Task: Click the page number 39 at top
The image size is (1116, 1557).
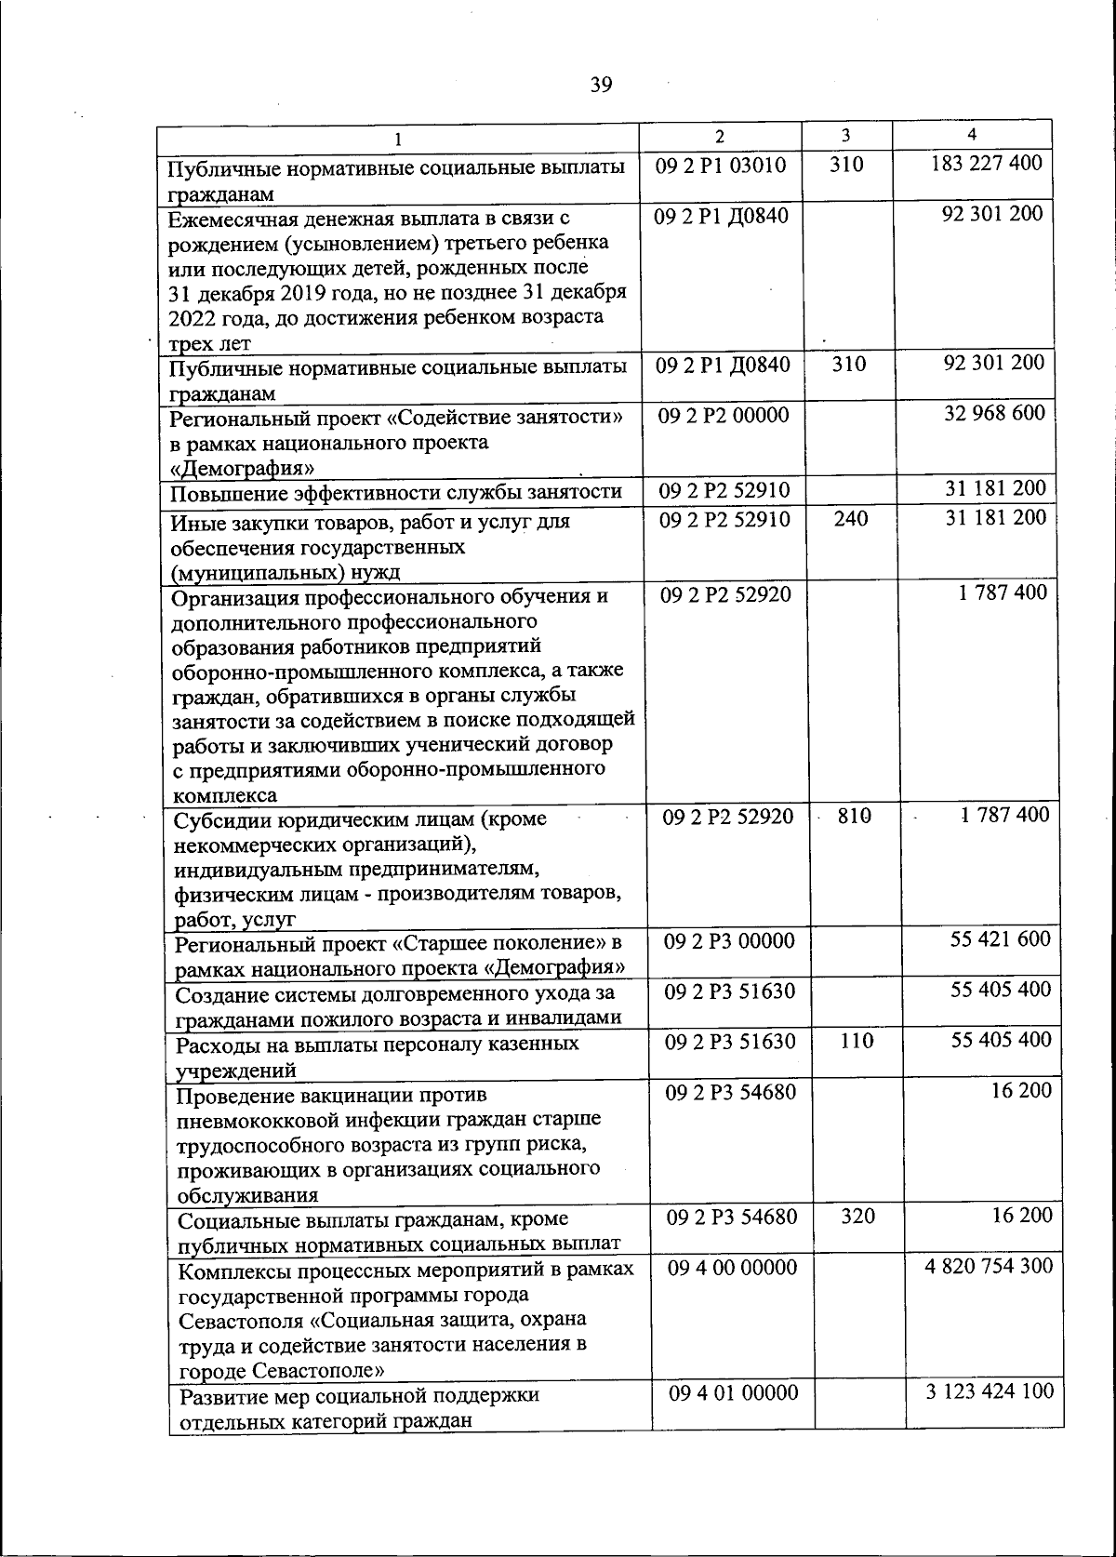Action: click(601, 86)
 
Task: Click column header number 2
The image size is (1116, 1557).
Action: click(719, 135)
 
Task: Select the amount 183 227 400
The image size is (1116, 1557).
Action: click(987, 163)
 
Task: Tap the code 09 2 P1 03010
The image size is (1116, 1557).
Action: click(721, 166)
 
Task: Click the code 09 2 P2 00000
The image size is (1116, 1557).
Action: click(724, 415)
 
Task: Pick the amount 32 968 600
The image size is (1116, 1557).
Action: click(994, 412)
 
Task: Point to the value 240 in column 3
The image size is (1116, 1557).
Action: click(850, 518)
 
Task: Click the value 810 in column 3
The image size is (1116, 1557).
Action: click(854, 816)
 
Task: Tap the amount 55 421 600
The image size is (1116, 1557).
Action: click(1000, 938)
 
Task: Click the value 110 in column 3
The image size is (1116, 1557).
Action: click(856, 1041)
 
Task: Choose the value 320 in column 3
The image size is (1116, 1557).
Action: click(857, 1216)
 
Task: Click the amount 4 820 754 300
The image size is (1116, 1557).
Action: click(989, 1266)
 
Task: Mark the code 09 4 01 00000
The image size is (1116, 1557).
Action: click(733, 1392)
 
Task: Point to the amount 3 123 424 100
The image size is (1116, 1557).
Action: click(990, 1391)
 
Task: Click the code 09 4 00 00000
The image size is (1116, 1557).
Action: click(732, 1267)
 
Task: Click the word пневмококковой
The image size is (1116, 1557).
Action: click(260, 1120)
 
